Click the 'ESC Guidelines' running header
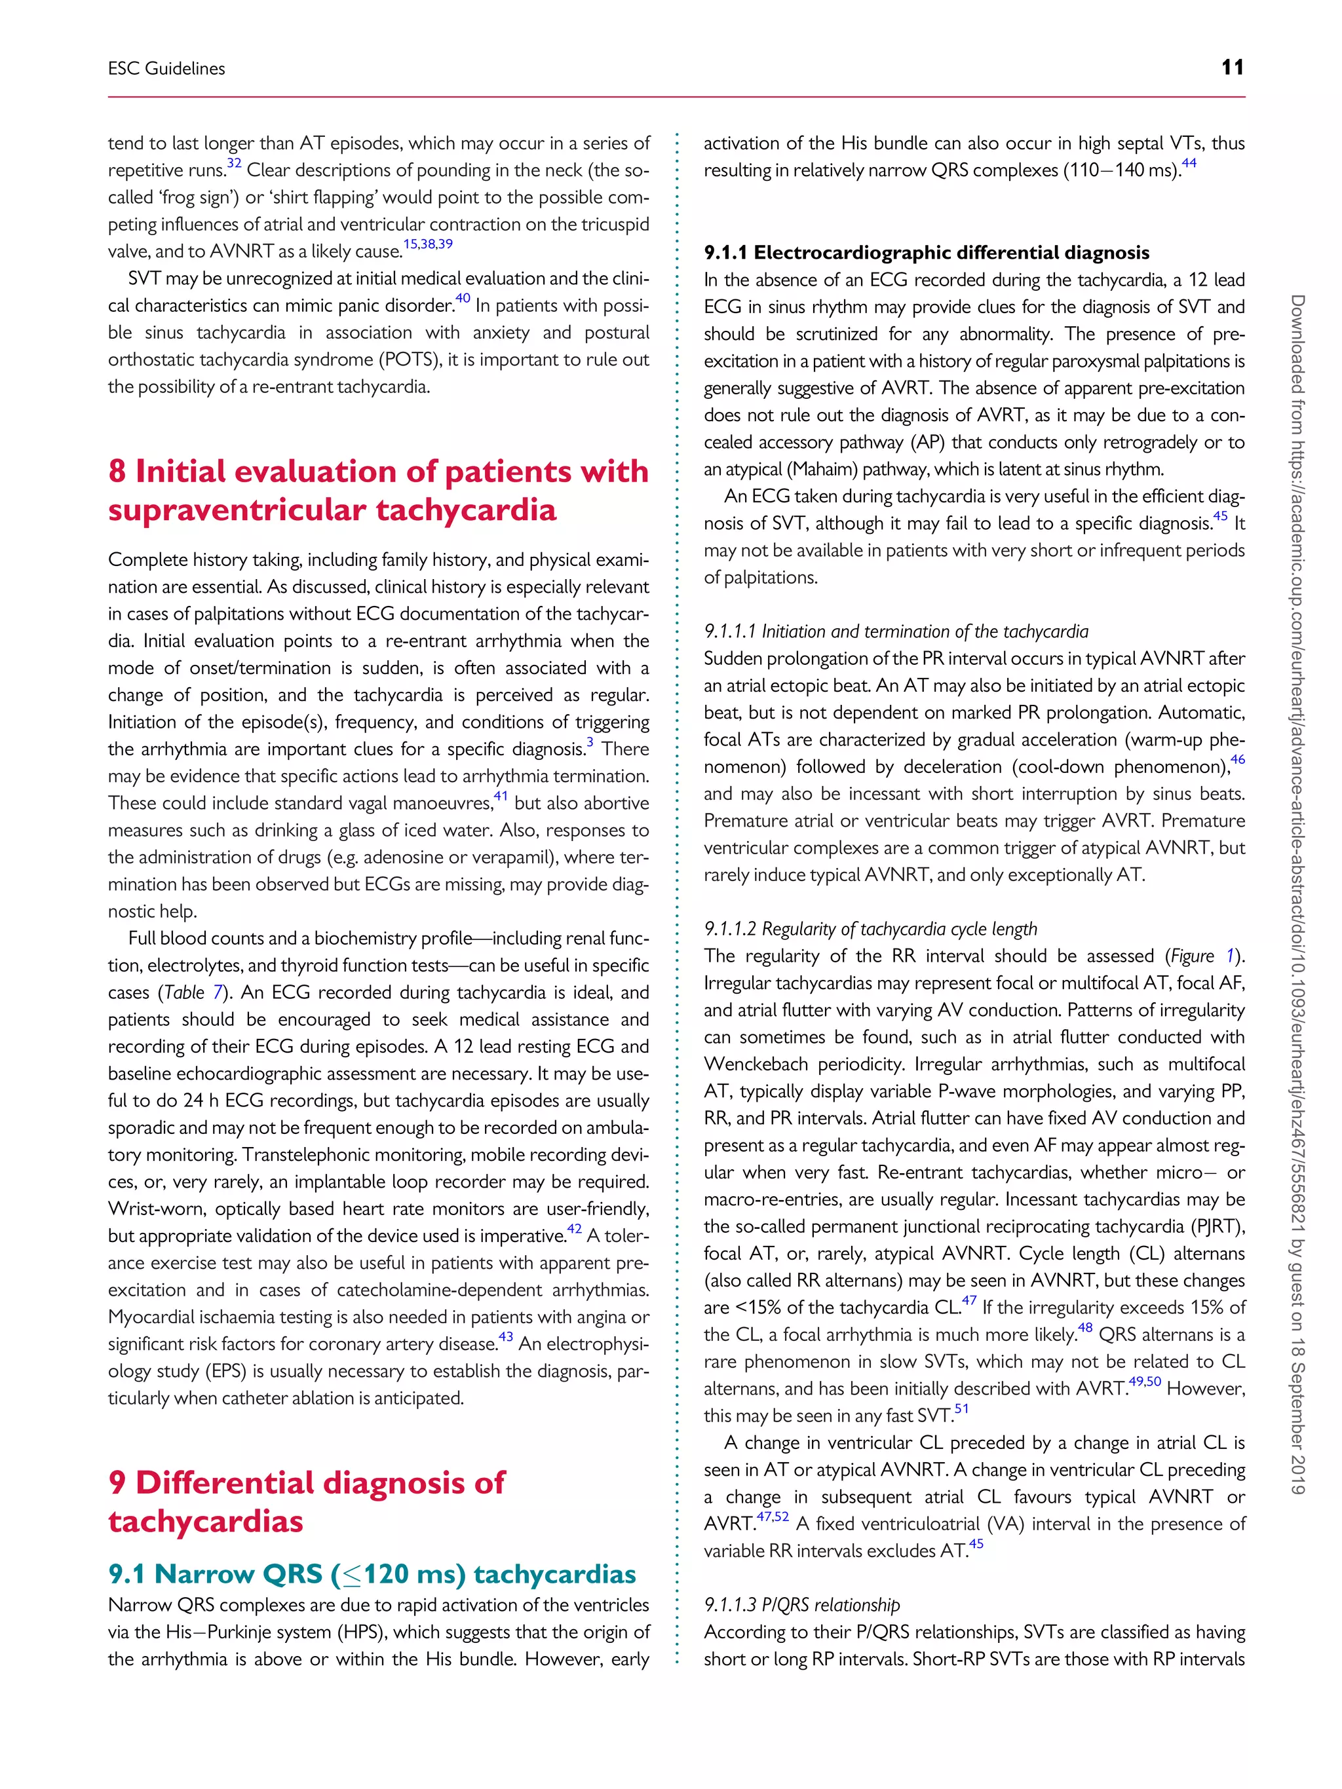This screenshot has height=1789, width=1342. click(166, 69)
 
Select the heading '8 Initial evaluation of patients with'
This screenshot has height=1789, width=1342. click(378, 472)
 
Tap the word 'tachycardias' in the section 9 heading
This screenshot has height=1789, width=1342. click(206, 1521)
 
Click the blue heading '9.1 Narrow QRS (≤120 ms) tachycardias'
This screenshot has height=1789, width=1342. click(372, 1574)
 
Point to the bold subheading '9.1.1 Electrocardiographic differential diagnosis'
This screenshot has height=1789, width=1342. click(926, 252)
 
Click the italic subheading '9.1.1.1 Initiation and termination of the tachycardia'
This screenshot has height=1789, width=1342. click(896, 631)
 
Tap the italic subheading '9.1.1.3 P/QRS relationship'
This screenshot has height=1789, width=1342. click(801, 1605)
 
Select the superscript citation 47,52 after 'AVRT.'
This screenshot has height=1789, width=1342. click(773, 1516)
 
